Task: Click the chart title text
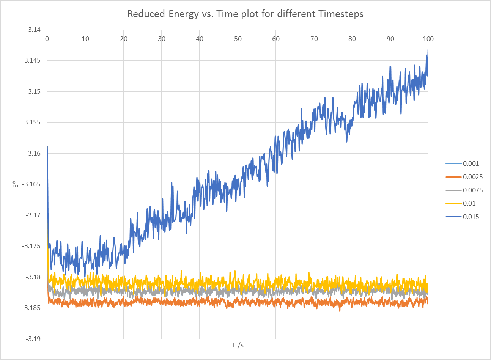[245, 14]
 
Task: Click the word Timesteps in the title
[341, 14]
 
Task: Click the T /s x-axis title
[238, 345]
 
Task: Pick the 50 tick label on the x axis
[238, 39]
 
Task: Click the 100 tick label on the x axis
[428, 39]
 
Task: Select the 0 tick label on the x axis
[47, 39]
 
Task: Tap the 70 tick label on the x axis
[314, 39]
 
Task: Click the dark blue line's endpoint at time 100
[428, 49]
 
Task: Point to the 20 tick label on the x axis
[124, 39]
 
